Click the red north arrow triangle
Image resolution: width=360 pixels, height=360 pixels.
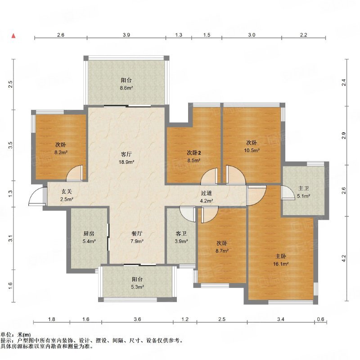14,36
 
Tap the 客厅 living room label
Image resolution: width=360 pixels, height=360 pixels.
126,154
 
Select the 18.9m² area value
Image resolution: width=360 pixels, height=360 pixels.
126,162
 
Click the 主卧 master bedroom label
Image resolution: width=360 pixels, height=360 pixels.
280,256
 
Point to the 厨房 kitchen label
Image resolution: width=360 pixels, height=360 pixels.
89,234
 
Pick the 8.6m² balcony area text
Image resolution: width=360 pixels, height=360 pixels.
126,88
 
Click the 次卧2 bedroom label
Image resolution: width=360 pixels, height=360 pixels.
194,153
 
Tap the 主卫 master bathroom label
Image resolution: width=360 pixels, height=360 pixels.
303,188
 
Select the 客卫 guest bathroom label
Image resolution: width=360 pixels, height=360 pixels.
181,234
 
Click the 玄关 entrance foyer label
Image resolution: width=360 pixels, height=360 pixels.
67,191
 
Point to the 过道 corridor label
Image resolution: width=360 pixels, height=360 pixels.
206,193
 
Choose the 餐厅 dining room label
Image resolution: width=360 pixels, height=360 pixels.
137,234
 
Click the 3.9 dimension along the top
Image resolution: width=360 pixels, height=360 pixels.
126,35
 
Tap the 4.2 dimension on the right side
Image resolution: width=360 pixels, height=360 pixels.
343,258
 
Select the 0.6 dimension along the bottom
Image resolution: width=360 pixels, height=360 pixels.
320,319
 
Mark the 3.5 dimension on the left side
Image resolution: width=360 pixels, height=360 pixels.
10,145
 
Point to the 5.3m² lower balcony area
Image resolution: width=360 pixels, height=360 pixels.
137,287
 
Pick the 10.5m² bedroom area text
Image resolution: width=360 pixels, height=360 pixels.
252,150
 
